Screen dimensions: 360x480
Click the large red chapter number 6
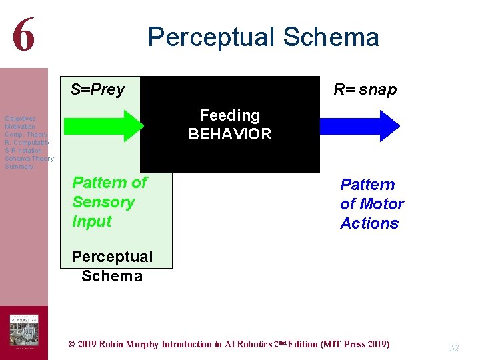pyautogui.click(x=23, y=35)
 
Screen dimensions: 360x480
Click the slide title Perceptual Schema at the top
pyautogui.click(x=263, y=37)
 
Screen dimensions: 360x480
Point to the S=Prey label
pyautogui.click(x=97, y=89)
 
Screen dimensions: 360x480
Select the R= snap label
pyautogui.click(x=365, y=89)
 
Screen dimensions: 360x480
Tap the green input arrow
pyautogui.click(x=103, y=126)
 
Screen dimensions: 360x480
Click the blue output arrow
pyautogui.click(x=359, y=126)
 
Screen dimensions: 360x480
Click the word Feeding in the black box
pyautogui.click(x=230, y=115)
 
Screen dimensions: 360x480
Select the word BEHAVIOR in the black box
pyautogui.click(x=230, y=134)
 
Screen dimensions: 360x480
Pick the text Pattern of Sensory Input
pyautogui.click(x=109, y=202)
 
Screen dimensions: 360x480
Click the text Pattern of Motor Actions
pyautogui.click(x=372, y=204)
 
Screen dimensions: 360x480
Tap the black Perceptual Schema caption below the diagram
pyautogui.click(x=112, y=266)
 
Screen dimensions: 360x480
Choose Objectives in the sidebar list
pyautogui.click(x=20, y=119)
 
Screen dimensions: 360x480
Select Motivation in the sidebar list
pyautogui.click(x=20, y=127)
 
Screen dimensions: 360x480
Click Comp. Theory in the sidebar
pyautogui.click(x=26, y=135)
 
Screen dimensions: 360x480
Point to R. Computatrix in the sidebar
pyautogui.click(x=27, y=143)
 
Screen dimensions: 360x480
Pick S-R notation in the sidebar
pyautogui.click(x=23, y=151)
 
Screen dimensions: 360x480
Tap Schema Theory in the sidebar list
pyautogui.click(x=29, y=159)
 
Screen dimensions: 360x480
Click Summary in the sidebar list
pyautogui.click(x=19, y=167)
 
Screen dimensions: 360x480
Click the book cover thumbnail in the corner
pyautogui.click(x=23, y=331)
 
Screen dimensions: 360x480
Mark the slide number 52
pyautogui.click(x=455, y=348)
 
